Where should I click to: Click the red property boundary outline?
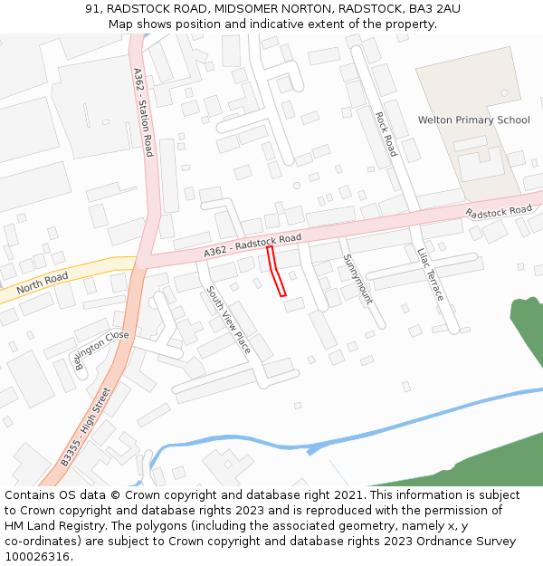pos(277,271)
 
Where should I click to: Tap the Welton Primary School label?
pos(473,120)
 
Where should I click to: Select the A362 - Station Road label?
pos(143,113)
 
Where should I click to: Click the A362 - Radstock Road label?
pos(252,245)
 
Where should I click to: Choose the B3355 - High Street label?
pos(86,427)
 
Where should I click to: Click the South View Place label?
pos(228,320)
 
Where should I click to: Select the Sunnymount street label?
pos(357,278)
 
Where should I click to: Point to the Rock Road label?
pos(386,133)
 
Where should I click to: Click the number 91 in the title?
pos(92,8)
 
